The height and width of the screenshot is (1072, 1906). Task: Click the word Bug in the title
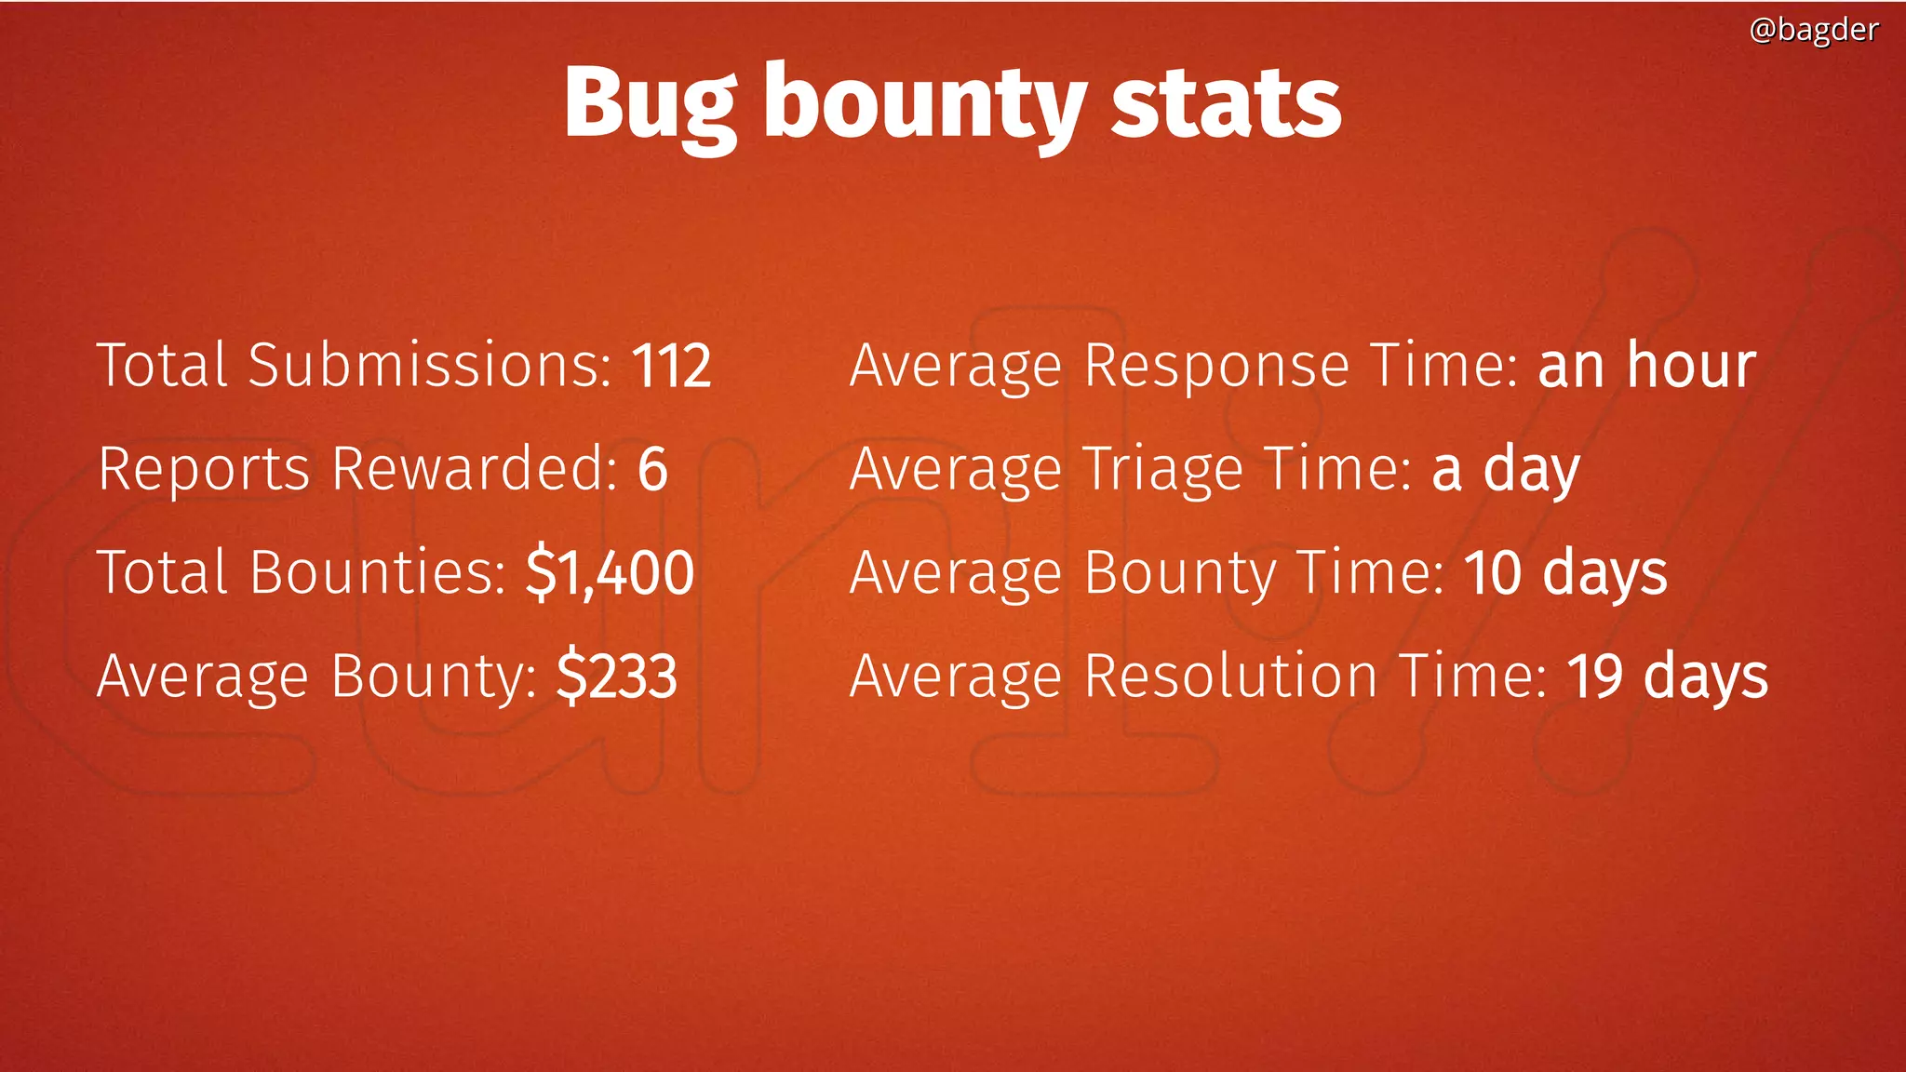point(651,104)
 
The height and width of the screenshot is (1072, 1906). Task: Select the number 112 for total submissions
point(672,365)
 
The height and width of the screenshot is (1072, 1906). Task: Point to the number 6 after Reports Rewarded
point(652,468)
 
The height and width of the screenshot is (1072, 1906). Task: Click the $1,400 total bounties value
point(610,571)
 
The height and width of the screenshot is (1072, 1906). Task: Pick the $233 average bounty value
point(617,676)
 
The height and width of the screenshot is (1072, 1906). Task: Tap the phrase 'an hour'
point(1646,365)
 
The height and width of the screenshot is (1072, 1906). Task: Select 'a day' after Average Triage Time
point(1505,469)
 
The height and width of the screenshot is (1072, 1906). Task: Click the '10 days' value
point(1565,572)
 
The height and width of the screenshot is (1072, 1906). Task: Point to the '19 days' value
point(1667,676)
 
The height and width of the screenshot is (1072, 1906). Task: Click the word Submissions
point(429,365)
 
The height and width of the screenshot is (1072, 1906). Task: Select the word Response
point(1216,367)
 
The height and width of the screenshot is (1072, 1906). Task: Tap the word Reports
point(204,470)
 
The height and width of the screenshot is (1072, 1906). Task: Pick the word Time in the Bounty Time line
point(1370,572)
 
